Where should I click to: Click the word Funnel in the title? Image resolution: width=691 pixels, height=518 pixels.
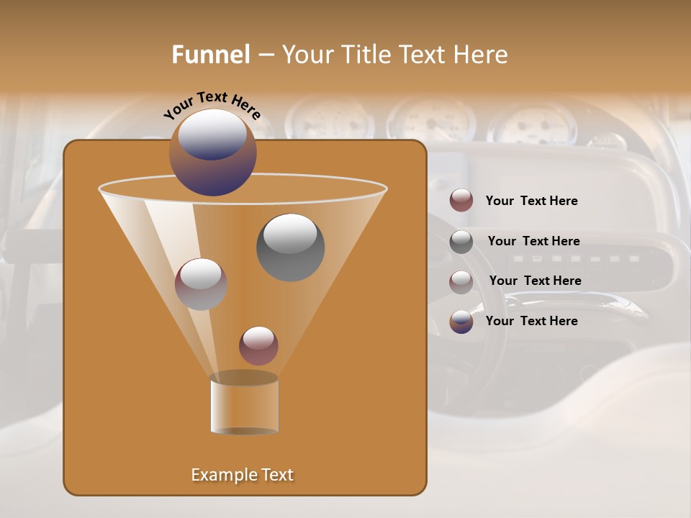(210, 55)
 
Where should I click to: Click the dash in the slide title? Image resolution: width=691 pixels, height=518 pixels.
(266, 55)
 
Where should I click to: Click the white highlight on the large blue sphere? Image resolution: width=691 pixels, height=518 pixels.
(212, 134)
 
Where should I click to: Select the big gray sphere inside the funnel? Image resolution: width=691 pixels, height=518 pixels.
(290, 248)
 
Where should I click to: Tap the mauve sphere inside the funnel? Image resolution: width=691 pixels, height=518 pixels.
(201, 285)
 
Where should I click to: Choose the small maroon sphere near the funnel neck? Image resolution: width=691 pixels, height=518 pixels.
(258, 346)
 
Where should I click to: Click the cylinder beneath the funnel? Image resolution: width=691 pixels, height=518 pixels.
(244, 406)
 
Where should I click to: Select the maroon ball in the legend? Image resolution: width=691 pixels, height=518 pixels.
(461, 201)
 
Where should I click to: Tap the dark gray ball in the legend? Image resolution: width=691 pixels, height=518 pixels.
(461, 242)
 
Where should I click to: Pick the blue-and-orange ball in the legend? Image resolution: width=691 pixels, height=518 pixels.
(461, 322)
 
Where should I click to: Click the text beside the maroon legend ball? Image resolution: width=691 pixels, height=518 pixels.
(531, 201)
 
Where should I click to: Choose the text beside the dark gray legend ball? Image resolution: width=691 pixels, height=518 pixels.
(533, 241)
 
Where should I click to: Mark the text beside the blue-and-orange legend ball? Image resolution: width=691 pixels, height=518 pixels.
(531, 321)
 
